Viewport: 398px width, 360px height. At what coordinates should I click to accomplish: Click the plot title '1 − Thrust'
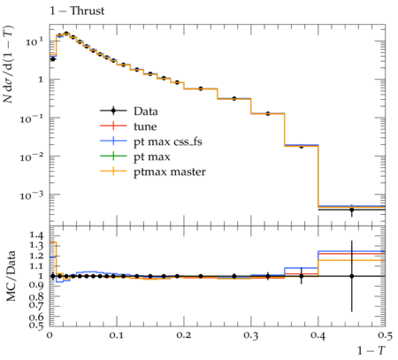point(77,11)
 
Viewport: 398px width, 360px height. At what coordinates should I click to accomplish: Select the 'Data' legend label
point(146,111)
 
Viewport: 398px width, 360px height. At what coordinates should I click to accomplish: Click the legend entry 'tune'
point(145,126)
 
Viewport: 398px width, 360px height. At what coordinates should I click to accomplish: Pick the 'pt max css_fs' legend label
point(168,142)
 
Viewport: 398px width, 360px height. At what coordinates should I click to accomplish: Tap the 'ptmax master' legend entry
point(170,172)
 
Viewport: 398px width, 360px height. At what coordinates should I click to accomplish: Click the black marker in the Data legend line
point(113,111)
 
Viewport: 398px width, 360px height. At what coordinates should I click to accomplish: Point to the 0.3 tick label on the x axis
point(251,335)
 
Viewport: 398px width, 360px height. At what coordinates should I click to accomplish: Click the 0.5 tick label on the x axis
point(386,335)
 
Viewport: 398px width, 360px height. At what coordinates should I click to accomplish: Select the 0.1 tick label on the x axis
point(117,335)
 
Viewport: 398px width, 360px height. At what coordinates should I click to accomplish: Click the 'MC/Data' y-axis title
point(11,276)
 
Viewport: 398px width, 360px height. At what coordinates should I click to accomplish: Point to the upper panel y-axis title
point(8,64)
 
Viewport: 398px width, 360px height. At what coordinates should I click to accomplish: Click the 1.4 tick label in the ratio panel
point(36,235)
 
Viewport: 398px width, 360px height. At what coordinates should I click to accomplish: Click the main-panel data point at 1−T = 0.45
point(352,210)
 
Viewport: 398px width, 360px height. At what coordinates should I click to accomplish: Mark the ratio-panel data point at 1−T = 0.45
point(352,276)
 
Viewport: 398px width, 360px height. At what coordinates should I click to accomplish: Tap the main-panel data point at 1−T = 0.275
point(234,98)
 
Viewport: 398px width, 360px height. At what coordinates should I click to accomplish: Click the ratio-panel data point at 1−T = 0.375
point(302,276)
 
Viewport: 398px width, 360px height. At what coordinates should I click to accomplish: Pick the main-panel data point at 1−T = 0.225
point(201,88)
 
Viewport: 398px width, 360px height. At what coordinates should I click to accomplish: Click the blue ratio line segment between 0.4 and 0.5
point(352,251)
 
